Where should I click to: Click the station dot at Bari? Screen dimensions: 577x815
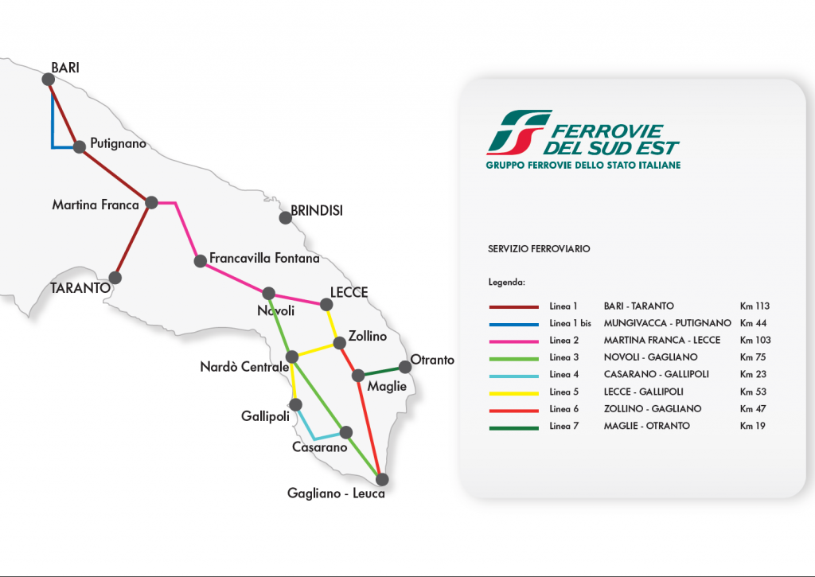(48, 79)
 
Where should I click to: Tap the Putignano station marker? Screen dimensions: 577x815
(80, 146)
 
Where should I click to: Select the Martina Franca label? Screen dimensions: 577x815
(96, 205)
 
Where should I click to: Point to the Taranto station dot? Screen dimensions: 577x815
(115, 278)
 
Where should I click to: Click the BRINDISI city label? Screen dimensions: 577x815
(316, 210)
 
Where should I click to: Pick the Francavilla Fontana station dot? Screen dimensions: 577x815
(200, 259)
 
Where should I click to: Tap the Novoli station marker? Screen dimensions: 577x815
(269, 293)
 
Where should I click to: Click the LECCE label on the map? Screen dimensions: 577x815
(349, 292)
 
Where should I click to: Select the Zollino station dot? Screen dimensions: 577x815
(340, 343)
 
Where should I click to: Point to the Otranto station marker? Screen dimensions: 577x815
(405, 366)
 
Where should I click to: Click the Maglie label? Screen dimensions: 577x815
(387, 386)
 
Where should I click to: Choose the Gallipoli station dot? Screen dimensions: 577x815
(296, 404)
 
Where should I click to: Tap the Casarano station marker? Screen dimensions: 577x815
(345, 432)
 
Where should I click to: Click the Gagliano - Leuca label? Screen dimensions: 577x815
(336, 493)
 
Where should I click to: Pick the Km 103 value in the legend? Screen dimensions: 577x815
(755, 340)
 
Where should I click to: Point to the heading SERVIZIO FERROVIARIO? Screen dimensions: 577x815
(539, 249)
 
